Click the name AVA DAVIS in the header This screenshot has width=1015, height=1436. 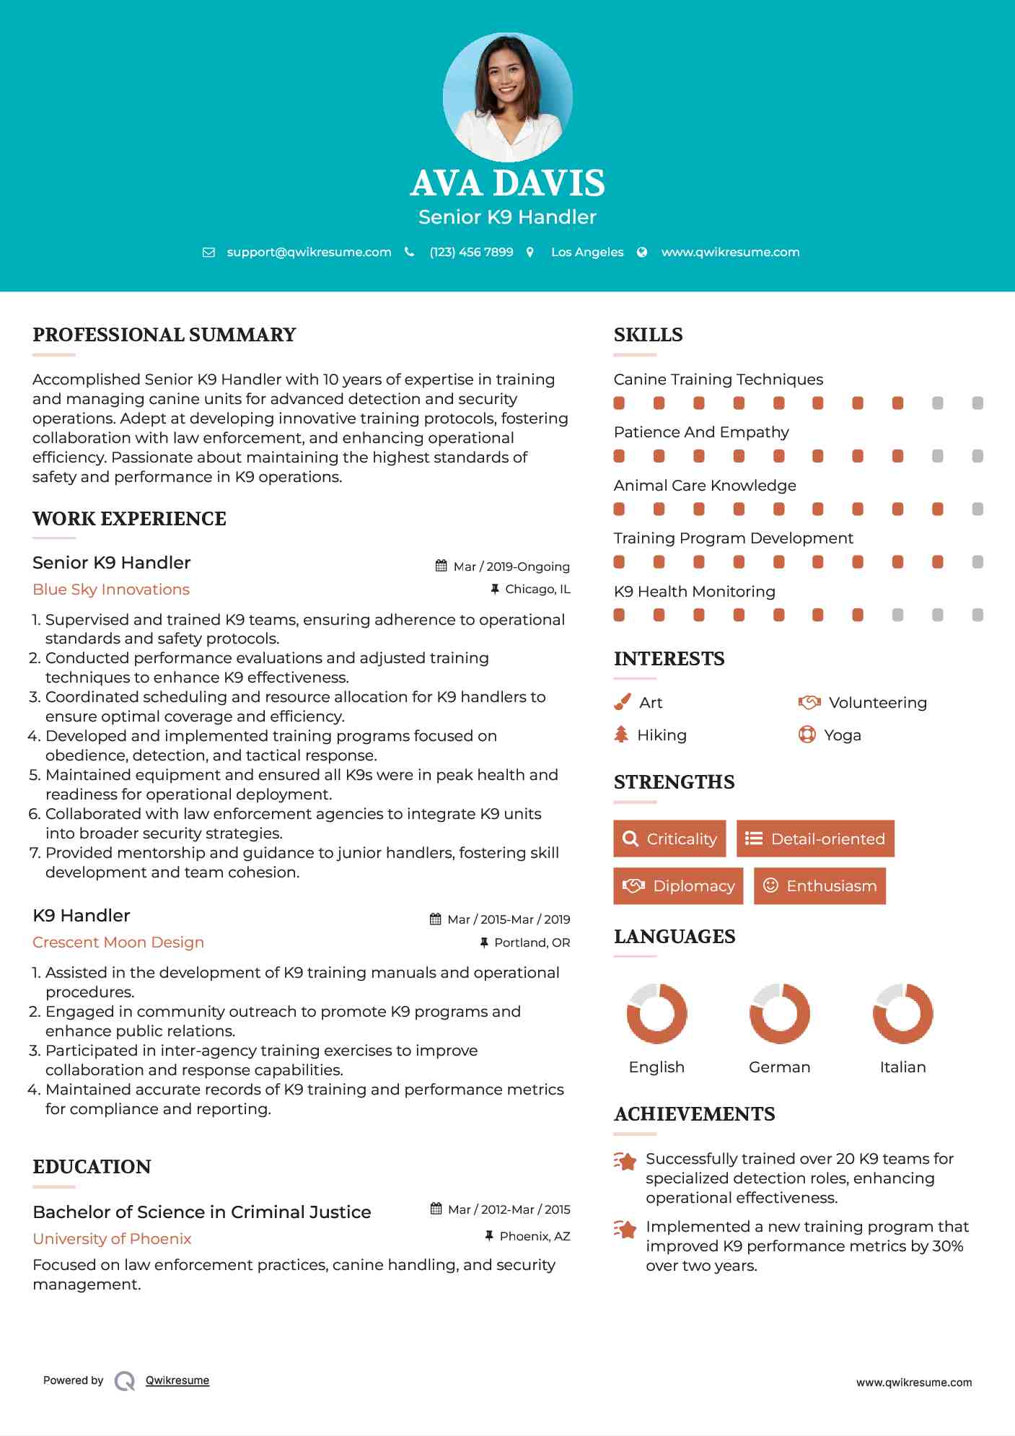point(507,183)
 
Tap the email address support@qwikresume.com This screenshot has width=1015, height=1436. point(309,252)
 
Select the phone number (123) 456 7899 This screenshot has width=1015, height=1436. point(471,252)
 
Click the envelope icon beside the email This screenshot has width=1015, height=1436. point(208,253)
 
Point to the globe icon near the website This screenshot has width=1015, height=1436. point(642,253)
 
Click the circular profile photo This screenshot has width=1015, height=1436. point(507,97)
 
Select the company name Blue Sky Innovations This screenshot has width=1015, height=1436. point(111,590)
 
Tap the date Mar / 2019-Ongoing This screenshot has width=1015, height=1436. point(511,566)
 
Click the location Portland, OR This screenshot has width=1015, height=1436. point(532,942)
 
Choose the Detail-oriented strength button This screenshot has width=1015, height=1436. point(815,839)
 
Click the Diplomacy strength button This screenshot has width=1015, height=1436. point(678,885)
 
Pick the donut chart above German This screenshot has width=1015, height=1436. point(779,1013)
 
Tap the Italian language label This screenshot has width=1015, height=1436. point(902,1067)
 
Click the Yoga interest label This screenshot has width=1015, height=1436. point(842,735)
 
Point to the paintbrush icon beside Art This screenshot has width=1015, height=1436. point(622,702)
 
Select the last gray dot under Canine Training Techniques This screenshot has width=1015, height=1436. point(977,403)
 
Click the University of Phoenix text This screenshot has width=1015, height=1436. point(112,1239)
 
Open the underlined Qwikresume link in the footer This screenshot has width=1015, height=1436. point(177,1380)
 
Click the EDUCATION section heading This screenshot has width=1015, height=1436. point(92,1167)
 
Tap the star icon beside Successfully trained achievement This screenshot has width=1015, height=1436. point(625,1161)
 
